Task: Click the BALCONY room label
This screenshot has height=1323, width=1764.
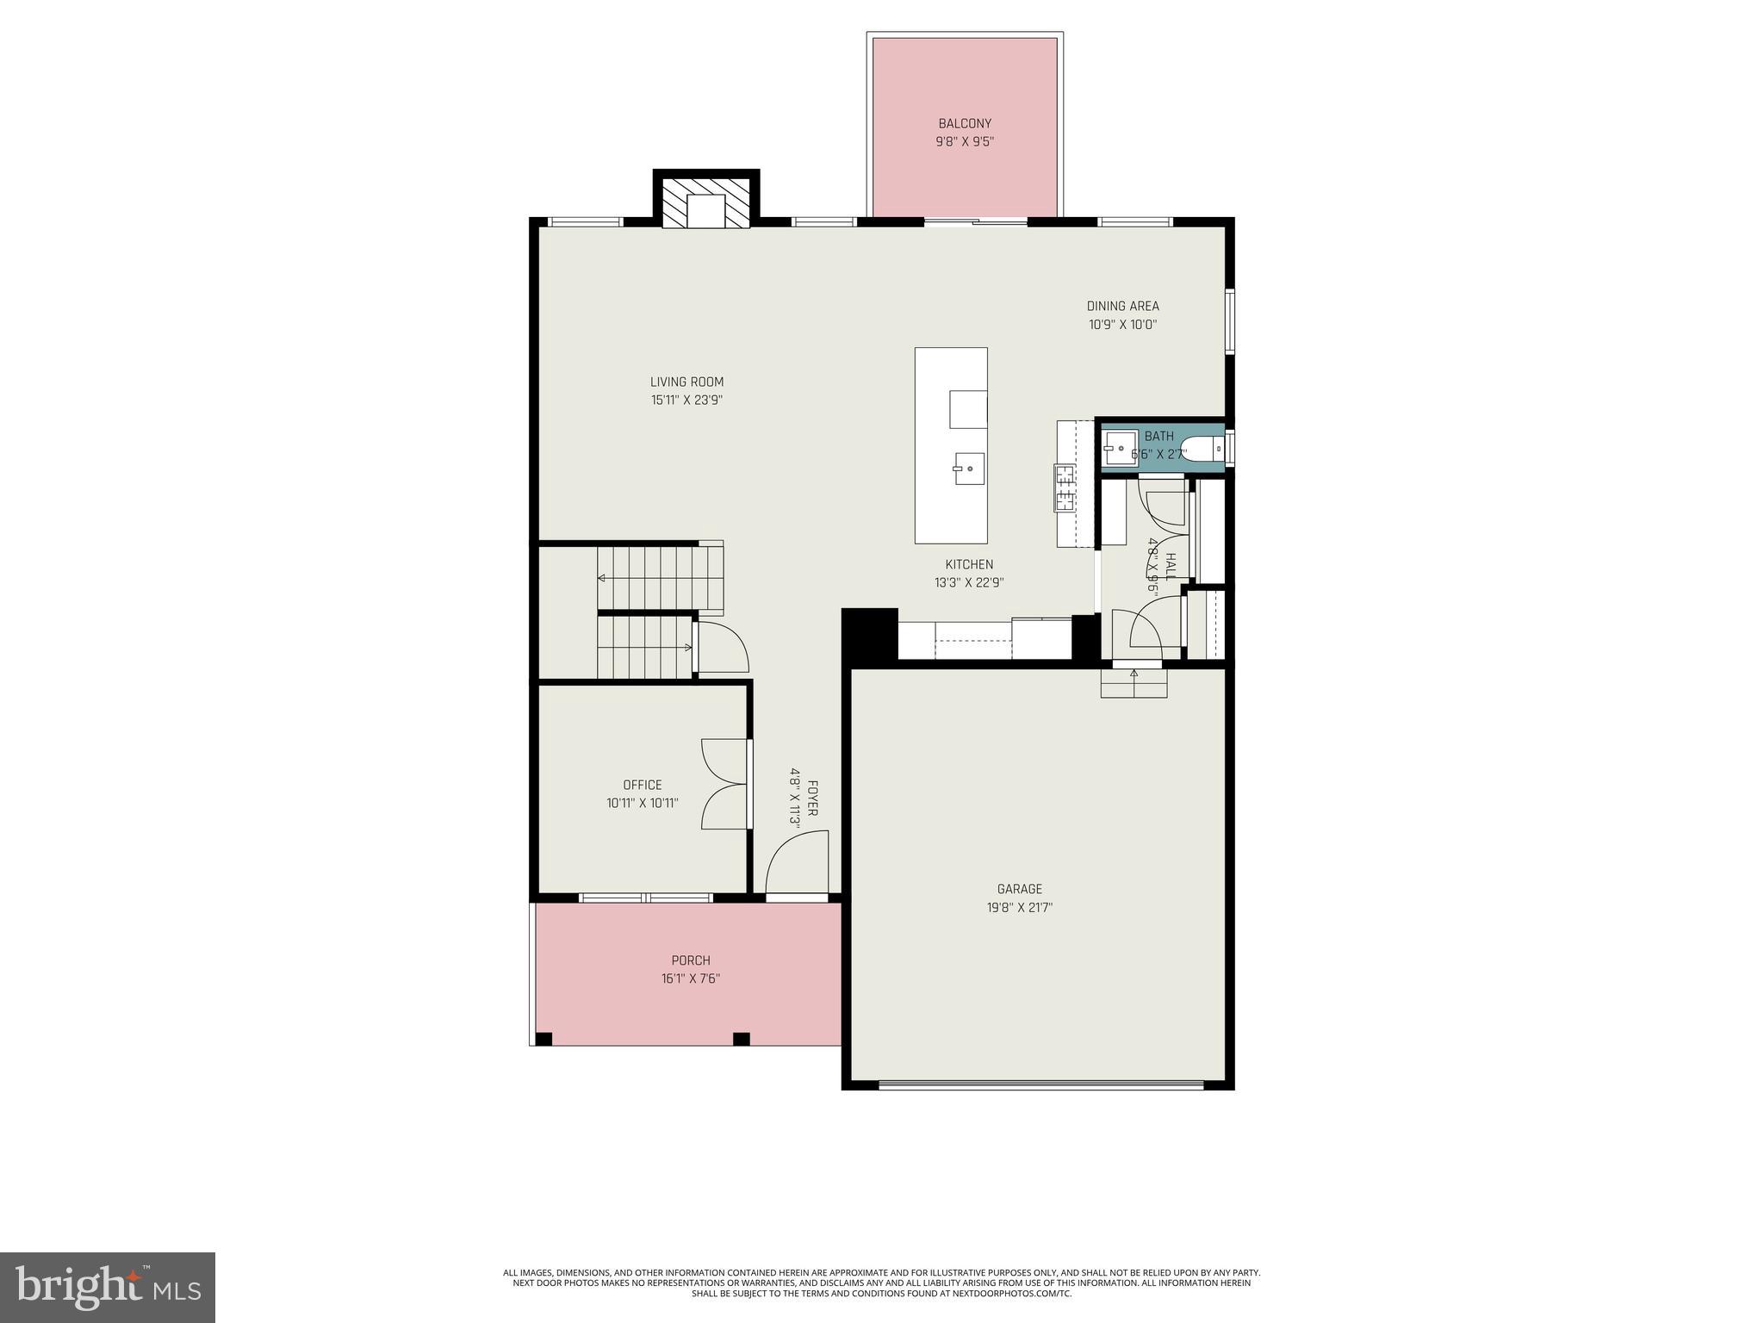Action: [965, 124]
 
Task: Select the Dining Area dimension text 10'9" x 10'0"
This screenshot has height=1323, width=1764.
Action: [1122, 325]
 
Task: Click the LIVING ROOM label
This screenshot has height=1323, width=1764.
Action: [686, 382]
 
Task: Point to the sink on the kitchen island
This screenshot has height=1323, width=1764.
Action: [969, 469]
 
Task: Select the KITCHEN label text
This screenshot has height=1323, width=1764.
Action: [969, 564]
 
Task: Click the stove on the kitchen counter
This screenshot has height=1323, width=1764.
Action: [1065, 488]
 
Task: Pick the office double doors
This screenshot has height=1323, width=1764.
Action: [725, 784]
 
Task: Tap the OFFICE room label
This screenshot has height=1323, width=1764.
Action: [643, 785]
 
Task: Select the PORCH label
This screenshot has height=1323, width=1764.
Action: [691, 960]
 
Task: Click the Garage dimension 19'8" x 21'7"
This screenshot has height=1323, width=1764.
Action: [1020, 907]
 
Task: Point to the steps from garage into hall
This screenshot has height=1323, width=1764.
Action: [1134, 684]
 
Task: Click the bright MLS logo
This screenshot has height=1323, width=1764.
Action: [107, 1287]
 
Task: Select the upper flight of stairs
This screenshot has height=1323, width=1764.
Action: [660, 576]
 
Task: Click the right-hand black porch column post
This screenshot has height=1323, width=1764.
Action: [741, 1039]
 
